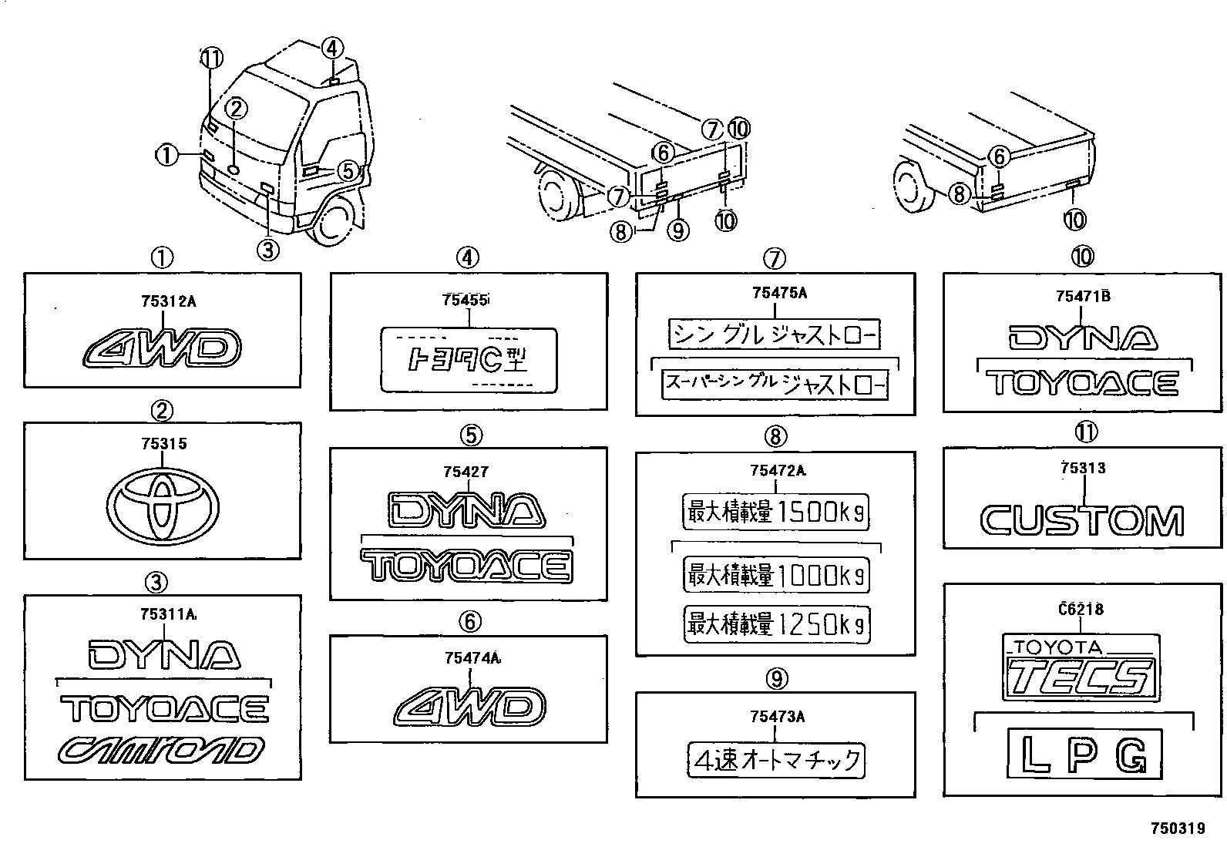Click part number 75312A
168,301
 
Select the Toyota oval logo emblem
163,506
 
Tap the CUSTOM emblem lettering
1082,521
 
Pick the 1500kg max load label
776,512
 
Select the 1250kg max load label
776,623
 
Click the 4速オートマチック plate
776,761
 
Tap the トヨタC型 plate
469,359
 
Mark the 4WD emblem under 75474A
469,707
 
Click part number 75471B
1083,296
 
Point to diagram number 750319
1177,829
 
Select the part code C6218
1081,609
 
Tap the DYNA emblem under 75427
468,510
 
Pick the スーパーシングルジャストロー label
775,384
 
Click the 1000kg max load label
776,575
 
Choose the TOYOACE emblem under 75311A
164,708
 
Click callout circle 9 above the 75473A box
776,678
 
